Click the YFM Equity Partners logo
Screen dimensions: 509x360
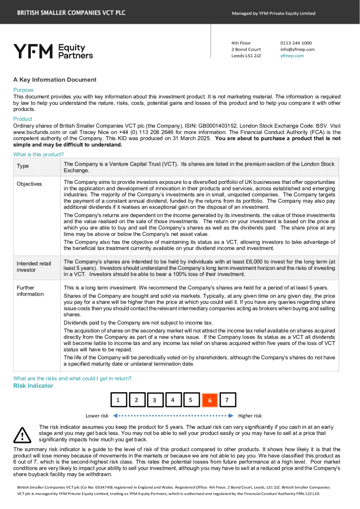pyautogui.click(x=53, y=51)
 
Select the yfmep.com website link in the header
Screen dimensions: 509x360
pyautogui.click(x=292, y=56)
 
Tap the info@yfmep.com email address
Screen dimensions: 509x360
pyautogui.click(x=297, y=50)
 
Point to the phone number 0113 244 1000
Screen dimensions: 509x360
pyautogui.click(x=296, y=43)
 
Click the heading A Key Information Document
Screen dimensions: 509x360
pyautogui.click(x=55, y=80)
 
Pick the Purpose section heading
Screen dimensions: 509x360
pyautogui.click(x=23, y=90)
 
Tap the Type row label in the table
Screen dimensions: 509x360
pyautogui.click(x=23, y=166)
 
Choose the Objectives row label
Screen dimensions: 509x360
pyautogui.click(x=29, y=184)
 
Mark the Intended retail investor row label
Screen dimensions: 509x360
pyautogui.click(x=34, y=267)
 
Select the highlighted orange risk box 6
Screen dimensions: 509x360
pyautogui.click(x=209, y=400)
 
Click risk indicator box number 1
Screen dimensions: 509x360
pyautogui.click(x=118, y=400)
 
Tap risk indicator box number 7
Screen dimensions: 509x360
pyautogui.click(x=227, y=400)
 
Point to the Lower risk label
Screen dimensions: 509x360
pyautogui.click(x=97, y=416)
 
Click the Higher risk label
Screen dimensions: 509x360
pyautogui.click(x=250, y=416)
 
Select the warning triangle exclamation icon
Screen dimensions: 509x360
pyautogui.click(x=22, y=435)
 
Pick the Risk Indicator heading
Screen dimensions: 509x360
pyautogui.click(x=33, y=386)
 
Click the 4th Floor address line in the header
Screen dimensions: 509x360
pyautogui.click(x=241, y=43)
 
